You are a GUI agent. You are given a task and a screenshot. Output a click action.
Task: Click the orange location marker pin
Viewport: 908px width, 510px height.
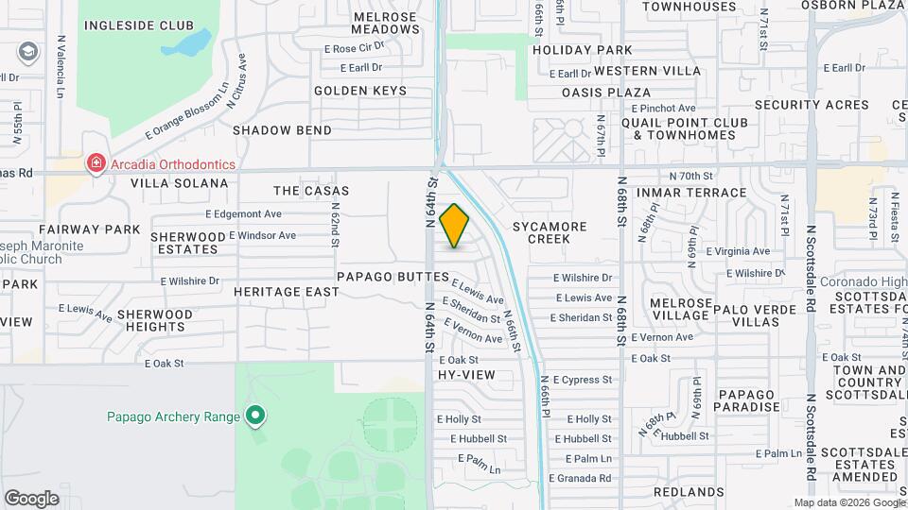454,225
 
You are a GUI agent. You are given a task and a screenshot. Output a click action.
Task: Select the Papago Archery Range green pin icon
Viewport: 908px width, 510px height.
254,415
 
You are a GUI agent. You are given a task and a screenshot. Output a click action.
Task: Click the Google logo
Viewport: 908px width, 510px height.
31,498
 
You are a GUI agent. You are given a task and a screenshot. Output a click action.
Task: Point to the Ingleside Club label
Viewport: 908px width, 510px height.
138,25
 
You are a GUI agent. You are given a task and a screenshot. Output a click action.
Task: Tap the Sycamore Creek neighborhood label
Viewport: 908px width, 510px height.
550,232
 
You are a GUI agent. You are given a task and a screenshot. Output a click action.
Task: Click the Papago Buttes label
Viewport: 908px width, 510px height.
393,277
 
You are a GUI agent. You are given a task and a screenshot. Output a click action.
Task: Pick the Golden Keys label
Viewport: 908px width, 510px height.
360,91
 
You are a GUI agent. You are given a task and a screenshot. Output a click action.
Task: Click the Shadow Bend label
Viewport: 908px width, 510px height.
282,130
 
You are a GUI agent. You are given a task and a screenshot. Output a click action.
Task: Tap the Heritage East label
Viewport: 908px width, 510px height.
287,292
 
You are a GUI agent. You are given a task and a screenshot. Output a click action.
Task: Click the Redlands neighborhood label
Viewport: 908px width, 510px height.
689,492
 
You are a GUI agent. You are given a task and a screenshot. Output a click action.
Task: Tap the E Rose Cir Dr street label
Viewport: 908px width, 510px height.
355,46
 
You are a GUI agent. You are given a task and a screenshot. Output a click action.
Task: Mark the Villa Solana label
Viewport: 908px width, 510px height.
180,182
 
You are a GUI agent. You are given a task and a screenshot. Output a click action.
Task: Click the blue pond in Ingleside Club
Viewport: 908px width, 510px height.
195,42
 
